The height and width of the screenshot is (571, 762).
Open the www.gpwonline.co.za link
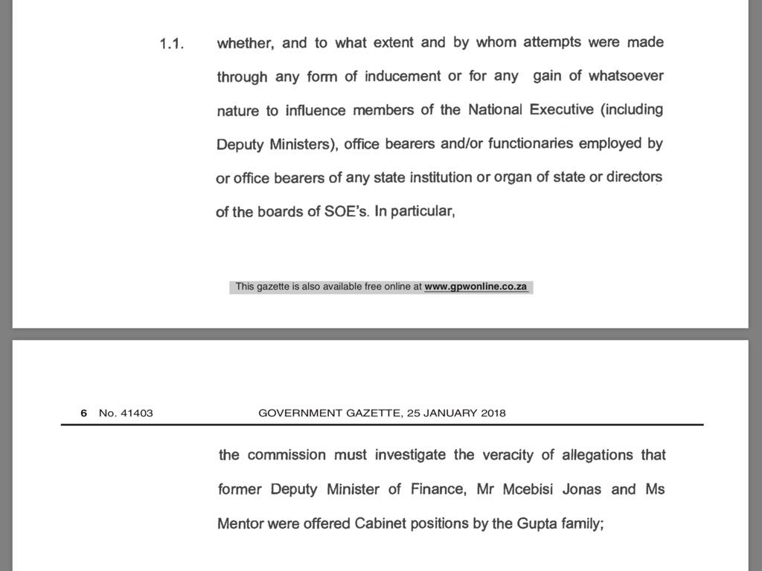click(477, 286)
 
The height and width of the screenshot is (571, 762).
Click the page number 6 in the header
click(84, 413)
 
